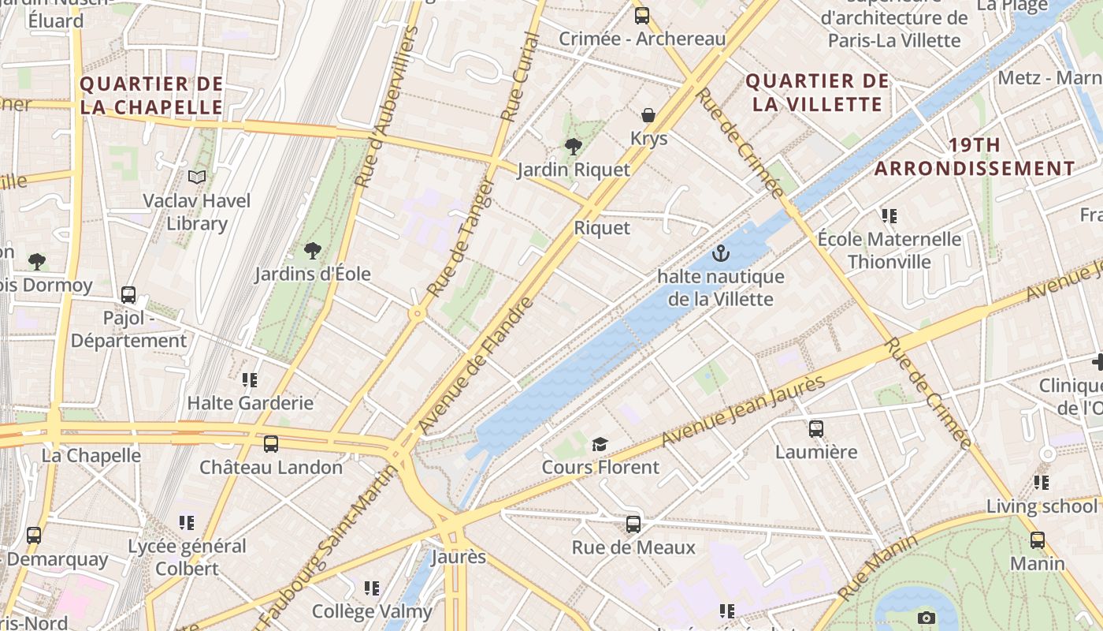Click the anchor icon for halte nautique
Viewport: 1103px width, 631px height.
(720, 253)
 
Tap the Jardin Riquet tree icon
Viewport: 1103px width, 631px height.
(574, 146)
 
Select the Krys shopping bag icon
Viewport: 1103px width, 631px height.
(648, 115)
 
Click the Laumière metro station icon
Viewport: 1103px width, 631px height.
(816, 429)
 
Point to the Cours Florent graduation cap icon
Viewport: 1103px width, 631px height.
(600, 444)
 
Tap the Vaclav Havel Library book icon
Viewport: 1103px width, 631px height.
(197, 177)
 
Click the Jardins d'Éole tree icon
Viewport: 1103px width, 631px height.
(313, 251)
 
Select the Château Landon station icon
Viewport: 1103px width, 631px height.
(271, 443)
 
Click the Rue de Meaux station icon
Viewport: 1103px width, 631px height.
(633, 524)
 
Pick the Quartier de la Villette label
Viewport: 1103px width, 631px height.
(817, 92)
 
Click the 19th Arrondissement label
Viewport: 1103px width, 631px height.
(975, 156)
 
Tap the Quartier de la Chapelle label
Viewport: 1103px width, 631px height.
(152, 95)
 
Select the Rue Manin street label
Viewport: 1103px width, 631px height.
(878, 566)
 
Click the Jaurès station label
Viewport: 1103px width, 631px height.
(459, 557)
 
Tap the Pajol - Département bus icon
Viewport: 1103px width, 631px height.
(128, 295)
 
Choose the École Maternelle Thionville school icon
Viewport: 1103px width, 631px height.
(889, 215)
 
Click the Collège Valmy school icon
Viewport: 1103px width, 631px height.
(372, 588)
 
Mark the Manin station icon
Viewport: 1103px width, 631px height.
(1038, 540)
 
